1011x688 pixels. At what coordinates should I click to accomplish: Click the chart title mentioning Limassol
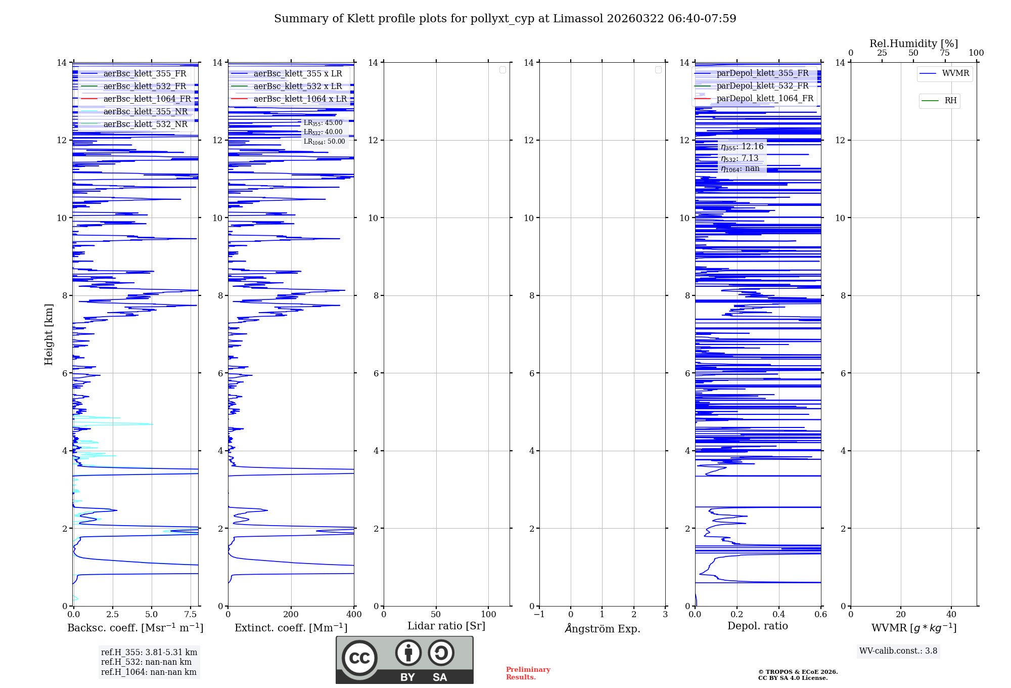tap(505, 19)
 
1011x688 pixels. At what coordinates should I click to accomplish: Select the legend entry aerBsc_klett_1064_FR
tap(147, 99)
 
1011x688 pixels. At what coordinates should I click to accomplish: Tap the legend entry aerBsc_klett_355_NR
tap(145, 111)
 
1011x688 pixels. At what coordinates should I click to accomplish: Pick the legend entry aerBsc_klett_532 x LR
tap(297, 86)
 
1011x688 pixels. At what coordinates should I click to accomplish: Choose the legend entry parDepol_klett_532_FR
tap(762, 86)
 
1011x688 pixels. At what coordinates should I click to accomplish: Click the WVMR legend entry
tap(955, 73)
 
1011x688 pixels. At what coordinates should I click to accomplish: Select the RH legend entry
tap(950, 101)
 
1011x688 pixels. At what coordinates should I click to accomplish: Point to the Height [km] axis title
tap(49, 334)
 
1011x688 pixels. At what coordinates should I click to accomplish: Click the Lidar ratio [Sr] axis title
tap(446, 626)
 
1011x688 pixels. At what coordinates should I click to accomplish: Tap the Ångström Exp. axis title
tap(603, 628)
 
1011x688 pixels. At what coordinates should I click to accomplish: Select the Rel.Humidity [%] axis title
tap(913, 44)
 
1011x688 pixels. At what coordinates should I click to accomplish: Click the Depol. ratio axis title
tap(757, 626)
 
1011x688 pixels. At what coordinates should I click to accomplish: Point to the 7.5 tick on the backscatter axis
tap(191, 614)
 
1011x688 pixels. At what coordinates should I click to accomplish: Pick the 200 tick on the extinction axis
tap(291, 614)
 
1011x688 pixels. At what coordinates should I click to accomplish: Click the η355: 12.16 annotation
tap(742, 147)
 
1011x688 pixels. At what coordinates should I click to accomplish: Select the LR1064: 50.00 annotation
tap(324, 142)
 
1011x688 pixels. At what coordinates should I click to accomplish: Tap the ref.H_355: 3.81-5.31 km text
tap(149, 652)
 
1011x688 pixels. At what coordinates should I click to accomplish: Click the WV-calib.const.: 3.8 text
tap(898, 651)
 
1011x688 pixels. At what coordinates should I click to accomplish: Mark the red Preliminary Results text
tap(528, 673)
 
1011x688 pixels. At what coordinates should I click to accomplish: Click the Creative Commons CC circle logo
tap(359, 658)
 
